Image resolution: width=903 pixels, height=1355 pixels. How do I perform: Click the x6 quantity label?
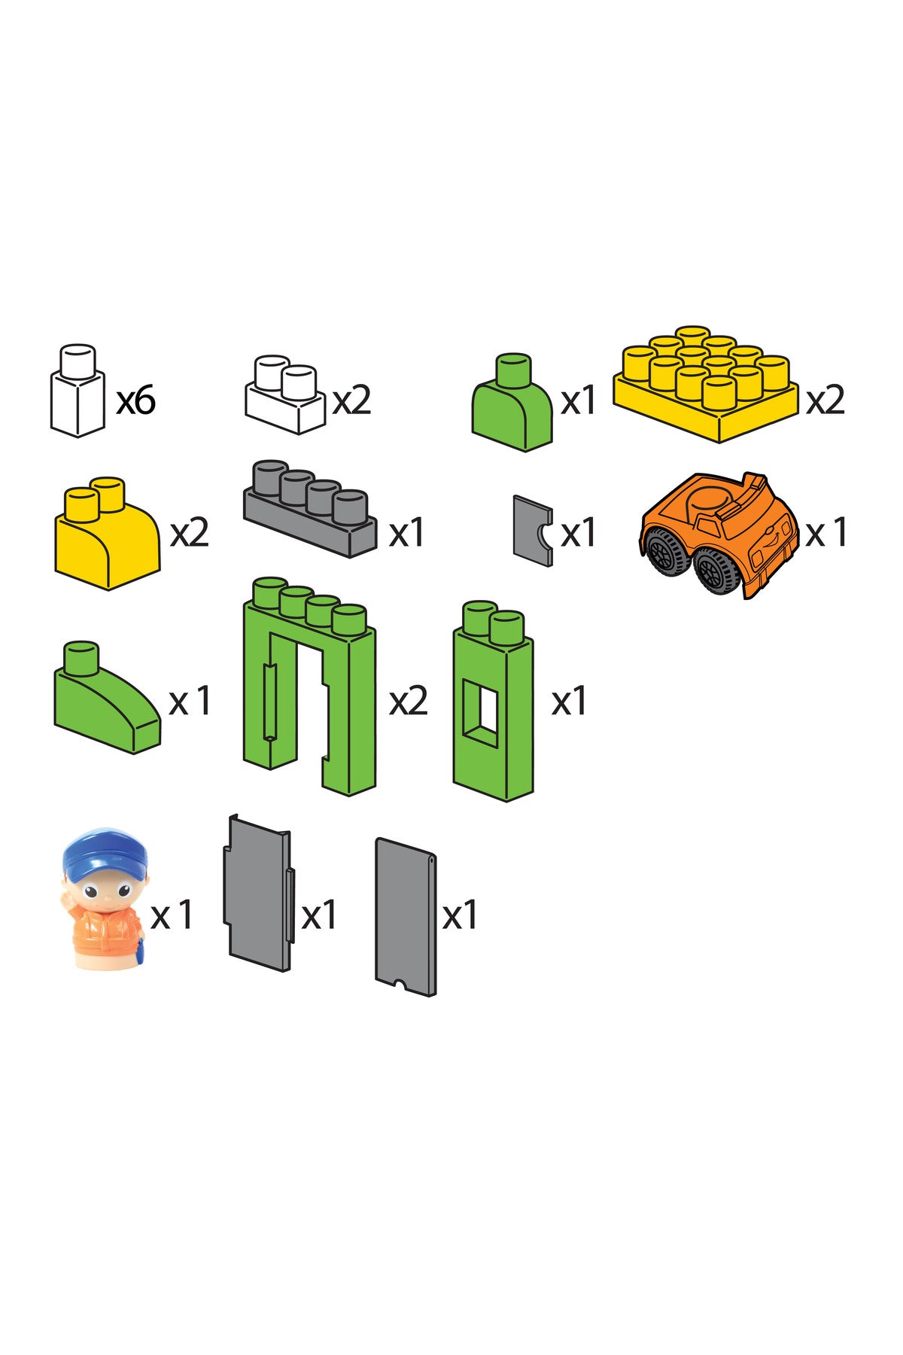136,399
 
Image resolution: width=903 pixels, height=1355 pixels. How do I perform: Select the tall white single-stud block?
78,391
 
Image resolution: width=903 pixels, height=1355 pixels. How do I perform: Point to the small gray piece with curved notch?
533,530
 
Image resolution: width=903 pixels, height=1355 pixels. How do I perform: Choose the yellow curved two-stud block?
107,533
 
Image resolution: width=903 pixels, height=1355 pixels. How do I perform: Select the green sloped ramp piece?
107,698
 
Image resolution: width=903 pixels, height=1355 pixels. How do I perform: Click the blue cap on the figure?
105,853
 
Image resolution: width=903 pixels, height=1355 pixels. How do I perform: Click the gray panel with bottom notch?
406,917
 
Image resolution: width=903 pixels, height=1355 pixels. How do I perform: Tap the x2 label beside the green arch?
408,702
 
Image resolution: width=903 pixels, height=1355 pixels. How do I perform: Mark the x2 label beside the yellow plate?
825,400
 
